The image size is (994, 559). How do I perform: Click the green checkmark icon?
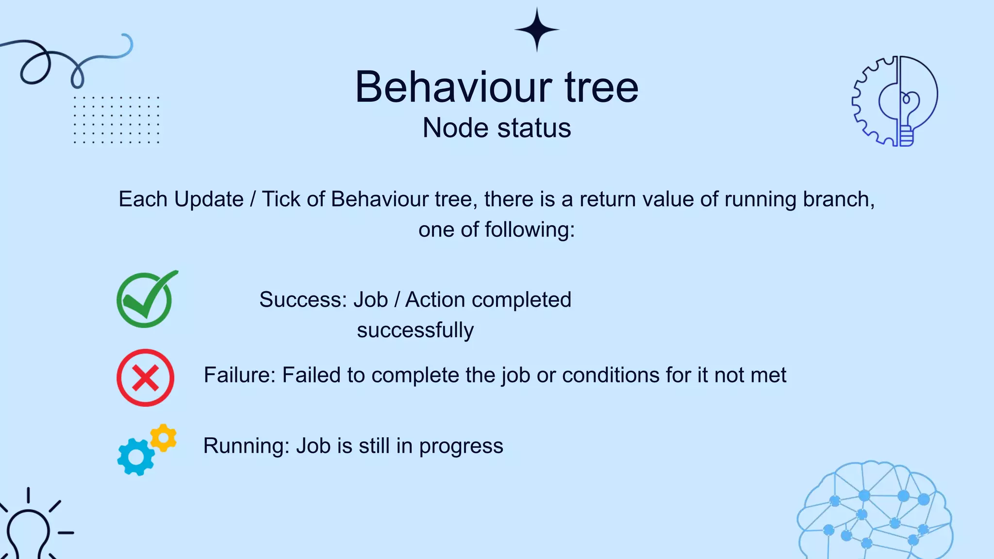tap(145, 300)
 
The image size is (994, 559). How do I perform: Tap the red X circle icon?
tap(145, 378)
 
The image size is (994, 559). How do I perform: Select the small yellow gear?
tap(164, 438)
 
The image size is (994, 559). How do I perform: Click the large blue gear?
tap(135, 457)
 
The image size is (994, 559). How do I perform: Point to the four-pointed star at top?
tap(537, 30)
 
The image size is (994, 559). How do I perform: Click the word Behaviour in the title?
tap(453, 87)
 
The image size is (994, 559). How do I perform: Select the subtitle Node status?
tap(497, 128)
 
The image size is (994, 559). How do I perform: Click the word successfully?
tap(415, 330)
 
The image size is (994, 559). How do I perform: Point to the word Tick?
tap(279, 199)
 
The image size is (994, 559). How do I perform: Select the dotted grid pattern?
tap(116, 120)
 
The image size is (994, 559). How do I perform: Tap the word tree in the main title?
tap(601, 87)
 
